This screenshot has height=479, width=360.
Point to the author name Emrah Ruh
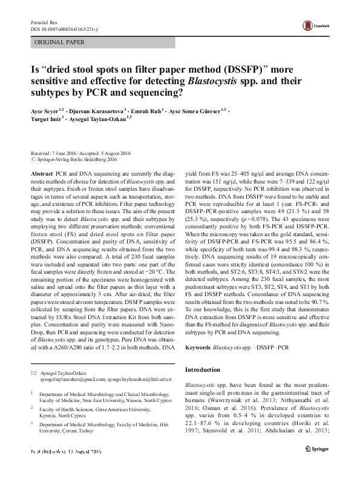(148, 112)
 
